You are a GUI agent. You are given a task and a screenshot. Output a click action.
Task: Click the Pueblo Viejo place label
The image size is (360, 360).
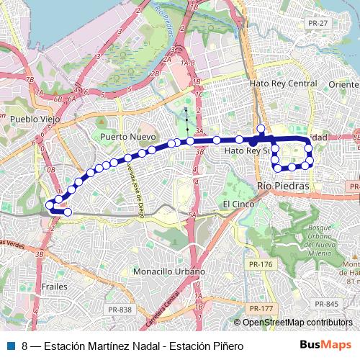pos(34,118)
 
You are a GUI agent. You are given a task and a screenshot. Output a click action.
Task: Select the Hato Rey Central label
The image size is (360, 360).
pos(283,84)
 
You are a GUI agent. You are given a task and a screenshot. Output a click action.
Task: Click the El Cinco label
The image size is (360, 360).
pos(235,204)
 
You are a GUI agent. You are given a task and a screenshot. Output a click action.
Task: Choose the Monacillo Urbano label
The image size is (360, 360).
pos(169,272)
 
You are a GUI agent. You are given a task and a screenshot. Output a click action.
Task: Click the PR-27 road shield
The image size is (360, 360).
pos(318,63)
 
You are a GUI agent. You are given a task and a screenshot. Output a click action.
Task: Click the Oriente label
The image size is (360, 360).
pos(343,84)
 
